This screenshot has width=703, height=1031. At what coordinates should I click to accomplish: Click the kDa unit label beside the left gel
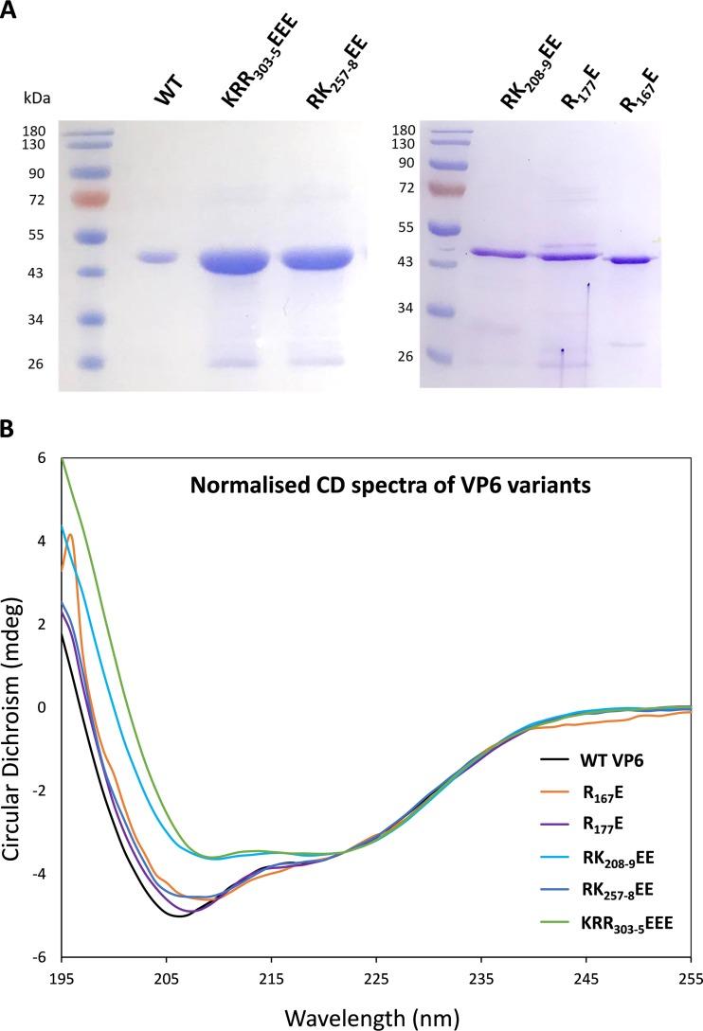click(x=38, y=98)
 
